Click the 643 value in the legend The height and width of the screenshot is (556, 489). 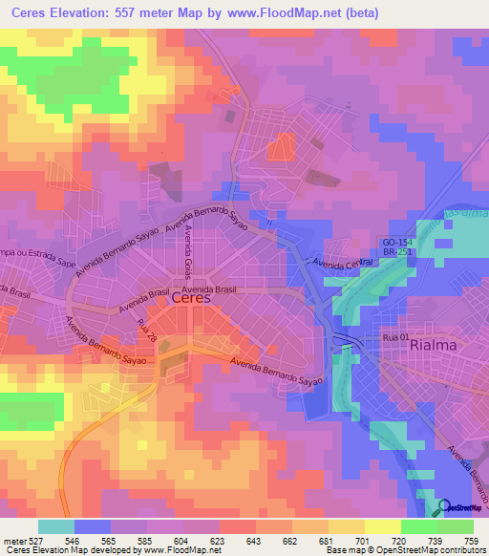(x=254, y=540)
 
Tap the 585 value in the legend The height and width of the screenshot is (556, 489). (x=145, y=540)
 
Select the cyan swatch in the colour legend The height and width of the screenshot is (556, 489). (x=55, y=525)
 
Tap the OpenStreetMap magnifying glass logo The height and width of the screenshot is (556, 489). (x=445, y=507)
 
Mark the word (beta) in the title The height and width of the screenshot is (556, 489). (x=362, y=13)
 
